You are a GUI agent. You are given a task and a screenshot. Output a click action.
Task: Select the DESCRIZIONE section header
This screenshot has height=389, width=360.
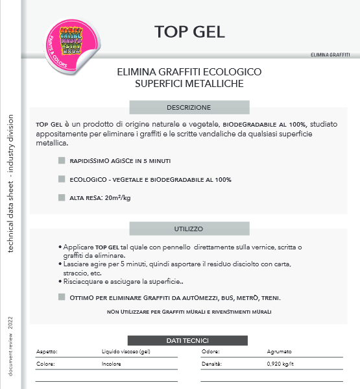pos(189,107)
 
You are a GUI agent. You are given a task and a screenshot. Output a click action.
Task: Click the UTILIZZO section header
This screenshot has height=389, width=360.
pos(189,229)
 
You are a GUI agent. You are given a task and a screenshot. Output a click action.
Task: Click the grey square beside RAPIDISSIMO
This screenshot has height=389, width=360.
pos(61,160)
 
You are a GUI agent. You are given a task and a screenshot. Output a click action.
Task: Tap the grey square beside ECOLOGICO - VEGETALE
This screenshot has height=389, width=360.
pos(61,179)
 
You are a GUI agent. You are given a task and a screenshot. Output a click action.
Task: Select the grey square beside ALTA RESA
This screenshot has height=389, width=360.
pos(61,197)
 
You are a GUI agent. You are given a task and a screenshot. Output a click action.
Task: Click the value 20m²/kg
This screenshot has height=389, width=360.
pos(117,197)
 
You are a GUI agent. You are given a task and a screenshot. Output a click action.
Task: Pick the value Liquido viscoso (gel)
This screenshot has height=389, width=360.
pos(126,352)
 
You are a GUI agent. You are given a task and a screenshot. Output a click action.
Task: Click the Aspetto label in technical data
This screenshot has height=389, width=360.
pos(47,352)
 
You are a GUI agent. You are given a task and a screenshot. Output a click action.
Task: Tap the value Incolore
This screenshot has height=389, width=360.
pos(112,364)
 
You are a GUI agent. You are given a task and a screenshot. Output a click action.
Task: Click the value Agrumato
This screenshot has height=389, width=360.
pos(280,352)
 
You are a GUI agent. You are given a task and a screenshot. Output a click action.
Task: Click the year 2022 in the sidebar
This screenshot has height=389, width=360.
pos(10,323)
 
